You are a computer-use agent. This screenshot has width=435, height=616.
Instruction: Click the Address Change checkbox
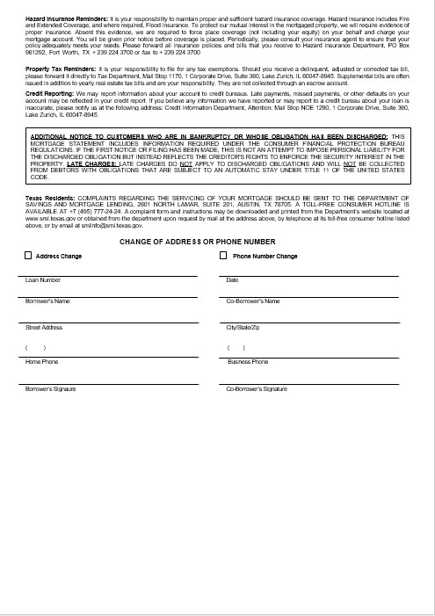pos(28,256)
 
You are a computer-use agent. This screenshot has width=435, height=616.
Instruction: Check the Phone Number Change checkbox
pos(223,256)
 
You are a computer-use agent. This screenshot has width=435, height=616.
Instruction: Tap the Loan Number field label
pos(43,280)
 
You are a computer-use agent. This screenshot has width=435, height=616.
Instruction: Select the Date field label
pos(232,280)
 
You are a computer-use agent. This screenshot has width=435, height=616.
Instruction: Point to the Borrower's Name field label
pos(47,301)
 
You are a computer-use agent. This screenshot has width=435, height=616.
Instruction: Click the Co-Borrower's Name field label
pos(253,301)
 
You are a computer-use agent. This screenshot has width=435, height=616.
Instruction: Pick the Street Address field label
pos(44,327)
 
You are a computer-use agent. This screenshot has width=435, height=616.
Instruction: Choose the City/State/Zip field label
pos(242,327)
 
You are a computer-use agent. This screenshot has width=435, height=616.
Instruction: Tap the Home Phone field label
pos(42,361)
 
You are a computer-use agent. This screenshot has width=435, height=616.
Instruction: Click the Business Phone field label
pos(248,361)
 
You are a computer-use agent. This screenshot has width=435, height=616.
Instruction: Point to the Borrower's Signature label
pos(51,388)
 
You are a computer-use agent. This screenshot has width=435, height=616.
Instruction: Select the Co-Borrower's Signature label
pos(257,388)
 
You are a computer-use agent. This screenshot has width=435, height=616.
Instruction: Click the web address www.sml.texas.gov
pos(52,220)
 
